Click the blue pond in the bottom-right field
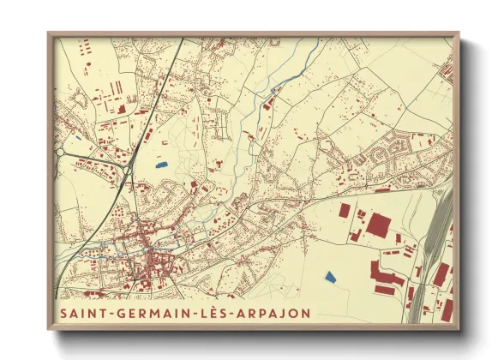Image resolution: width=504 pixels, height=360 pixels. tap(329, 276)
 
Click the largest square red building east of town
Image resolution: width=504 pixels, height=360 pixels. tap(378, 227)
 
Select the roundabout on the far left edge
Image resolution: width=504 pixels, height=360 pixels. tap(61, 152)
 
